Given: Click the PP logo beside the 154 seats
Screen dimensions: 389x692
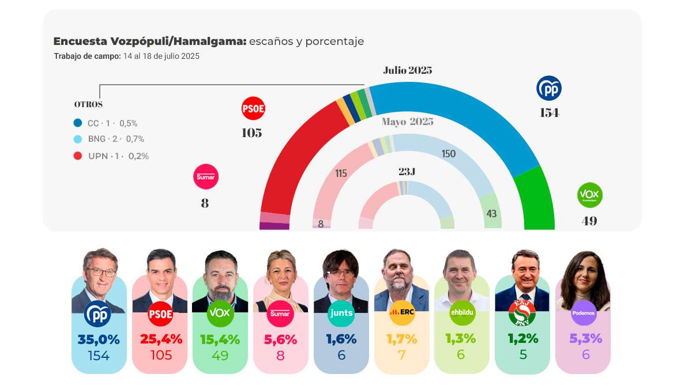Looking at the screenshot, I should pos(548,88).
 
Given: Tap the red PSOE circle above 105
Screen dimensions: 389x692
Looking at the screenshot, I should pos(253,108).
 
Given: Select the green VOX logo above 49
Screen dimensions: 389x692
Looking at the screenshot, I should pos(589,196).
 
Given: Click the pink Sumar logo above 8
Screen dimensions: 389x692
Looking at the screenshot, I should pos(205,177).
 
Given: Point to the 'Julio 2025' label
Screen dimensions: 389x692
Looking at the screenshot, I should pos(407,70).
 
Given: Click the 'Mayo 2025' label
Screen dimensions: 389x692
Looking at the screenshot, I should pos(407,122).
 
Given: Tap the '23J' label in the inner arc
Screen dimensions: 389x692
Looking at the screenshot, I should pos(407,172).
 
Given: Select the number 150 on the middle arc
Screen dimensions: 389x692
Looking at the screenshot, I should pos(449,154).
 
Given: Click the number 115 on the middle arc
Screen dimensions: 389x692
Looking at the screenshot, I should pos(341,173).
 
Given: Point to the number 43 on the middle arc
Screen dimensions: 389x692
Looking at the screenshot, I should pos(491,214).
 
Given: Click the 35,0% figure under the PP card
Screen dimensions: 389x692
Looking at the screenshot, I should pos(99,339).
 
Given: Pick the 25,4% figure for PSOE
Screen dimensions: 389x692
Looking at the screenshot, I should pos(161,339).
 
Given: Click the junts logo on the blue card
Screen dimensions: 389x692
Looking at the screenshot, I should pos(341,314).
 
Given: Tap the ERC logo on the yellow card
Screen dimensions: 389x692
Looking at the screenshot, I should pos(402,313).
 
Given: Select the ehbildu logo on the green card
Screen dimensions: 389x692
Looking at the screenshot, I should pos(462,313).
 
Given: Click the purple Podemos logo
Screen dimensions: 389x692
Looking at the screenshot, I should pos(583,314).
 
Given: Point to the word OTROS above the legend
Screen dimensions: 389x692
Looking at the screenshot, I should pos(88,105).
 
